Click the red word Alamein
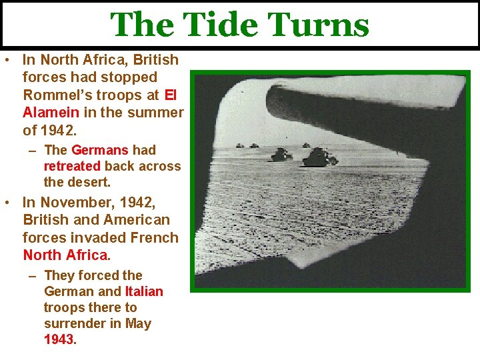pos(51,112)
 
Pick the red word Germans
pos(99,150)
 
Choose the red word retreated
pos(72,166)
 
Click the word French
pos(154,237)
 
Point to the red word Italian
pos(144,291)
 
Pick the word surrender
pos(71,323)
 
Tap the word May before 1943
pos(137,323)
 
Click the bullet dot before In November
pos(6,202)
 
